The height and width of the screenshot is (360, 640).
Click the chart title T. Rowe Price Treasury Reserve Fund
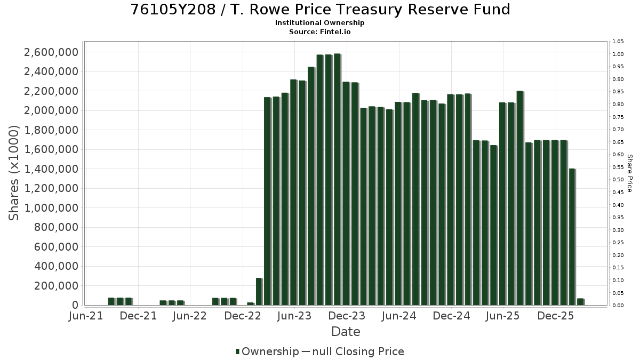(370, 10)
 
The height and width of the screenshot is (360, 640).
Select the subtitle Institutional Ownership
(319, 23)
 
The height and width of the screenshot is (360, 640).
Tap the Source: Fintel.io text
(319, 31)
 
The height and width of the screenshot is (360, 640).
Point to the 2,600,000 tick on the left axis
(51, 52)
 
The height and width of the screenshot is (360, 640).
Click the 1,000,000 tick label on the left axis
(51, 208)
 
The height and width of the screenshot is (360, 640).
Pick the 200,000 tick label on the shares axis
(56, 286)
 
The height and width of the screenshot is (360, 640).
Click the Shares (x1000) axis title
(13, 173)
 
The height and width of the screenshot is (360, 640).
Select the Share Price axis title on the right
(629, 173)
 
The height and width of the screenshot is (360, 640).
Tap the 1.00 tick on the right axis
(618, 54)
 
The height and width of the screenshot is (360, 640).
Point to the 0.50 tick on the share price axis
(618, 180)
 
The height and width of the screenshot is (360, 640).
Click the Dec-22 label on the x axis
(243, 316)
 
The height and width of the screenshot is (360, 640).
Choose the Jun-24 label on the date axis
(399, 316)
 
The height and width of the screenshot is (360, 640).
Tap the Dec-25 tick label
(556, 316)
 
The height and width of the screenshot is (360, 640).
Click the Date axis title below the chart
(346, 332)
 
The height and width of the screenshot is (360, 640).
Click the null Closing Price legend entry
(353, 351)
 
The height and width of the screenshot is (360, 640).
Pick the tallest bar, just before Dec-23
(338, 179)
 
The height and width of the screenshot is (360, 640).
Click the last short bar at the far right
(581, 302)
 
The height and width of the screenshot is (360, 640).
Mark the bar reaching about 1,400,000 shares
(572, 237)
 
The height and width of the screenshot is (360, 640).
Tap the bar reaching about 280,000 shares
(259, 291)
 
